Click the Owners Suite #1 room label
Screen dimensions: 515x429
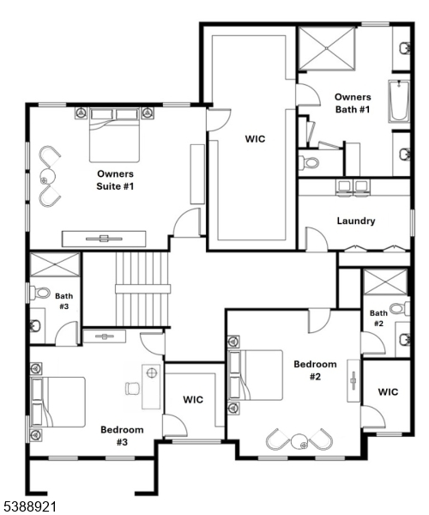115,179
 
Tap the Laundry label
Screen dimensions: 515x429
355,221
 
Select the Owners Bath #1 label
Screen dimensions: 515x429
352,103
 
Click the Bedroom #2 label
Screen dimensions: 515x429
315,370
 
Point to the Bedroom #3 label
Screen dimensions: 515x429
121,435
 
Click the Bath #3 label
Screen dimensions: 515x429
63,300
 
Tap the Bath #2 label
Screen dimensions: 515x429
378,318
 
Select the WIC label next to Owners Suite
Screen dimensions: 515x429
255,138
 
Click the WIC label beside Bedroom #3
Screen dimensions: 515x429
192,399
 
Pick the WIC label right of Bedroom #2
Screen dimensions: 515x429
388,392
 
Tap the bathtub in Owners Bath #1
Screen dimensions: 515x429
400,102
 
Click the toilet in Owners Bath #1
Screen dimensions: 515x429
310,161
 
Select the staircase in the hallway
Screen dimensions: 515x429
142,288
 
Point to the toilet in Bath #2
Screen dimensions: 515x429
398,308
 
